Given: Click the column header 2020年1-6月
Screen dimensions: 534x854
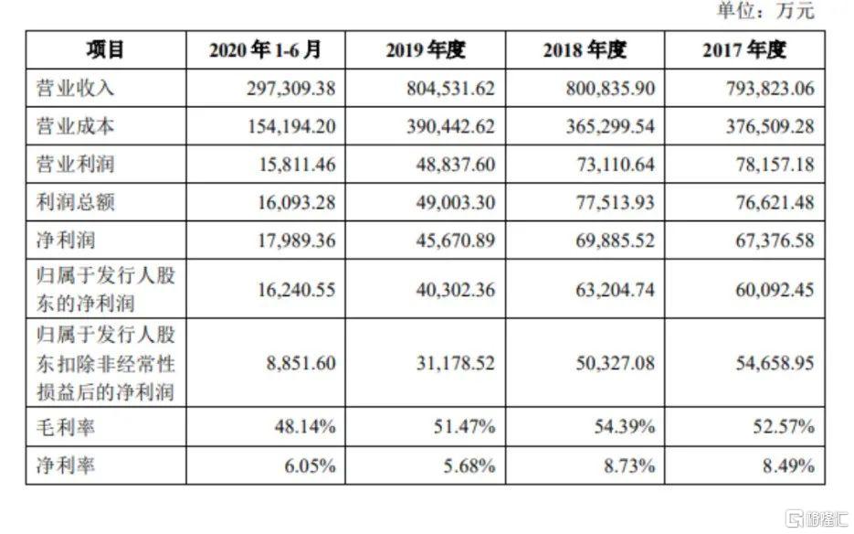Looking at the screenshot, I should tap(264, 50).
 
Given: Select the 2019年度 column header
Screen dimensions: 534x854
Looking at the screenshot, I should tap(426, 50).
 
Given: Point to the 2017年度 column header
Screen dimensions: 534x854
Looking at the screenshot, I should tap(744, 50).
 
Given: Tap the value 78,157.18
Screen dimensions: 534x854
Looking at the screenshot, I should tap(770, 166).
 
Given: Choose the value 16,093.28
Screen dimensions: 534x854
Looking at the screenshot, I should tap(291, 204).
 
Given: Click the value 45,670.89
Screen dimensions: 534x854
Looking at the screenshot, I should tap(450, 242).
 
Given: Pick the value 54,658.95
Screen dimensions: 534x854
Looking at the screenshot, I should tap(770, 363).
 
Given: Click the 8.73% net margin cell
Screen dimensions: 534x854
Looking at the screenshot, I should tap(630, 465).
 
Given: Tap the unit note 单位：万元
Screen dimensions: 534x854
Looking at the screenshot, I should tap(765, 12).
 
